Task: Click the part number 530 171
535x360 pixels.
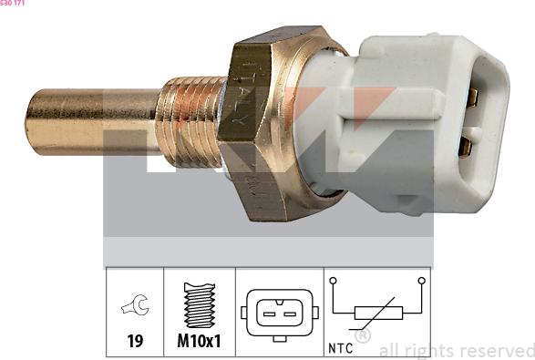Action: (13, 4)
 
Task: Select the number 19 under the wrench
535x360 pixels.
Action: (135, 343)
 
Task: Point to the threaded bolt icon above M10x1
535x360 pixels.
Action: (200, 306)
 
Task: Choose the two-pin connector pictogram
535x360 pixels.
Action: (279, 313)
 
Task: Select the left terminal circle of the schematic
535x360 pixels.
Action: (334, 281)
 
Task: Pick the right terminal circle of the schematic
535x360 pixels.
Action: (421, 281)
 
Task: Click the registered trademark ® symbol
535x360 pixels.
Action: (363, 336)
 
